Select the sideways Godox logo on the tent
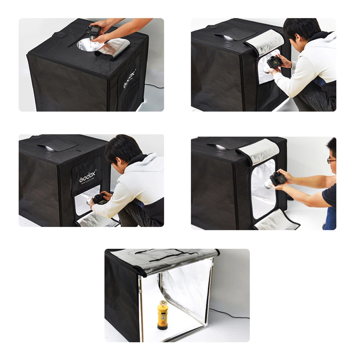[x=130, y=78]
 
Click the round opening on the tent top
[x=86, y=45]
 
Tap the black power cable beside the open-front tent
[x=230, y=314]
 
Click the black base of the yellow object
[x=163, y=327]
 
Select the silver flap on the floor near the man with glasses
[x=277, y=220]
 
